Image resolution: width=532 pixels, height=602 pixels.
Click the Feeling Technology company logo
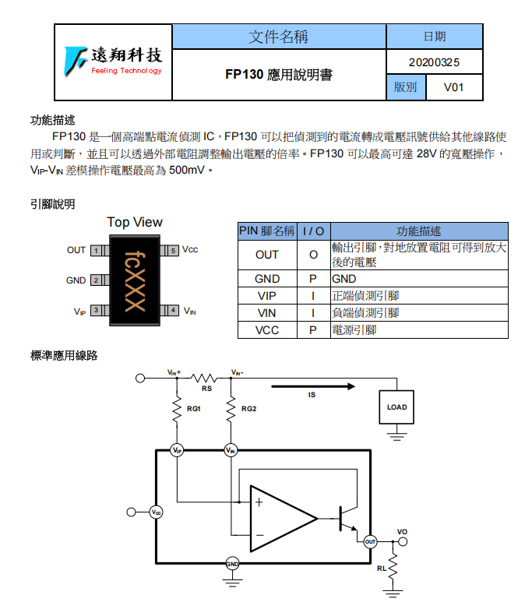[x=113, y=62]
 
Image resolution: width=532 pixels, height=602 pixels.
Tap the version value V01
[x=453, y=87]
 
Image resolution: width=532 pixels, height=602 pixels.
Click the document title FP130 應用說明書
[x=278, y=75]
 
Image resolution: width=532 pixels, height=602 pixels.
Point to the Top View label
[x=135, y=223]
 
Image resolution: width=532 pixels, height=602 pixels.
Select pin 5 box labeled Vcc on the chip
[x=172, y=251]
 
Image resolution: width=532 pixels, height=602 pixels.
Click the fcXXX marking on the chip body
[x=135, y=280]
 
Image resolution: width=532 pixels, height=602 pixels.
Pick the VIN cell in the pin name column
[x=266, y=313]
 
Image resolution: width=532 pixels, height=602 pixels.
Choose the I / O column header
[x=313, y=231]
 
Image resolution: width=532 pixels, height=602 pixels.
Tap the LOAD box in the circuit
[x=396, y=407]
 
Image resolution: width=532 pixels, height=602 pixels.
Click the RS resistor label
[x=206, y=388]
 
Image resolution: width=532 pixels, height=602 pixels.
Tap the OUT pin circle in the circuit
[x=371, y=541]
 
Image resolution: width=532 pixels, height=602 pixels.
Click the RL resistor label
[x=381, y=569]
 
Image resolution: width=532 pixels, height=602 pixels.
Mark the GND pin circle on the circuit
[x=232, y=563]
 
